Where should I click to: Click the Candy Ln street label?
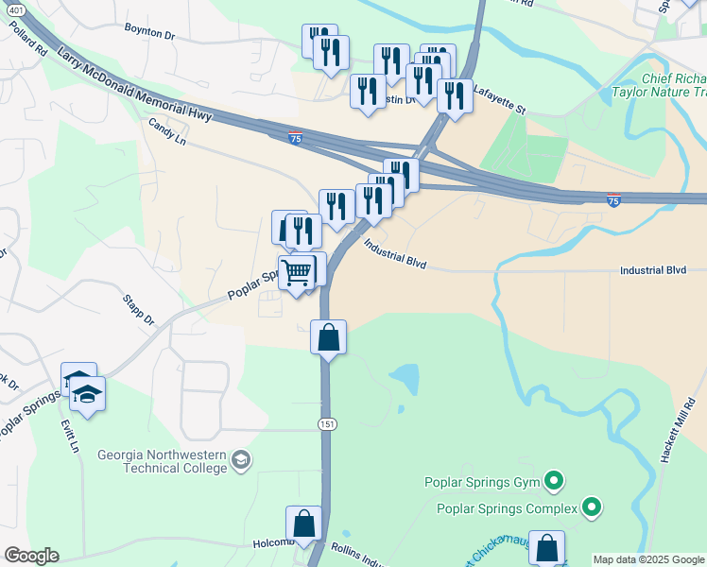[165, 130]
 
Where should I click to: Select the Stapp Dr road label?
[138, 311]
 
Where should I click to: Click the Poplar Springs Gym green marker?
[555, 483]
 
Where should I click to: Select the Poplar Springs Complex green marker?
[592, 508]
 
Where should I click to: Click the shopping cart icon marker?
[297, 274]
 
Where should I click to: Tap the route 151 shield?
[327, 425]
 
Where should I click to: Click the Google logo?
[31, 556]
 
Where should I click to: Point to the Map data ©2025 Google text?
[648, 559]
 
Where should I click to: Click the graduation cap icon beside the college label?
[242, 461]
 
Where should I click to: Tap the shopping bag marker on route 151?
[328, 337]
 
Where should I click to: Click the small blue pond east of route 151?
[405, 379]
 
